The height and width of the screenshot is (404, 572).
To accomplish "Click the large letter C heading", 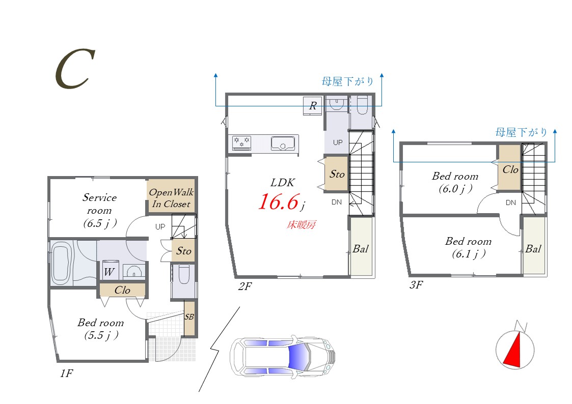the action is tap(75, 69).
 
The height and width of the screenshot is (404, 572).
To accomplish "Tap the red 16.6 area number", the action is tap(279, 201).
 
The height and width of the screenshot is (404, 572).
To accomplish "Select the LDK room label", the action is tap(283, 183).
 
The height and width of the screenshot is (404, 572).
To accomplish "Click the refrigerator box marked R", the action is tap(313, 106).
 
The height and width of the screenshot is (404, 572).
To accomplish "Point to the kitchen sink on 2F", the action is tap(283, 143).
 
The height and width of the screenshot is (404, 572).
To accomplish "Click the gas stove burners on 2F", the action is tap(242, 142).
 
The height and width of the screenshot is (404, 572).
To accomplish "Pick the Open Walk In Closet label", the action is tap(171, 198).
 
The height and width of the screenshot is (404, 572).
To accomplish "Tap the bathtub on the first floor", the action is tap(61, 264).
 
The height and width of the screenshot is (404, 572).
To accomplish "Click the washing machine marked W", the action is tap(109, 271).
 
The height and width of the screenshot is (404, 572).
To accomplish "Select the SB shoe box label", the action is tap(189, 317).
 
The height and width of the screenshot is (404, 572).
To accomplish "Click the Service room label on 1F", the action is tap(100, 210).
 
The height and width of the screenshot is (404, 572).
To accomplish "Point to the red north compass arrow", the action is tap(513, 350).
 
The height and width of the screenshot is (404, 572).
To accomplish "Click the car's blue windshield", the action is tap(298, 356).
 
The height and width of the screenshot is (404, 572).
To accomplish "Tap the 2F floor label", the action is tap(245, 286).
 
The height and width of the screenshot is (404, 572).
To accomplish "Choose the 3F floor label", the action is tap(416, 284).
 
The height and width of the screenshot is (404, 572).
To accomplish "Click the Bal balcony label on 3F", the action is tap(533, 249).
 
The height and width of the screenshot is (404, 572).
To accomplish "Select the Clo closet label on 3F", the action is tap(510, 169).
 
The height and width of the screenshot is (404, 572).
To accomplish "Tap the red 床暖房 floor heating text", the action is tap(301, 225).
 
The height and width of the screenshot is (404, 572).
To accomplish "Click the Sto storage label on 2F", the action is tap(337, 174).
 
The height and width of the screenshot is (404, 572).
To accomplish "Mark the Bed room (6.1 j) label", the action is tap(469, 247).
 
